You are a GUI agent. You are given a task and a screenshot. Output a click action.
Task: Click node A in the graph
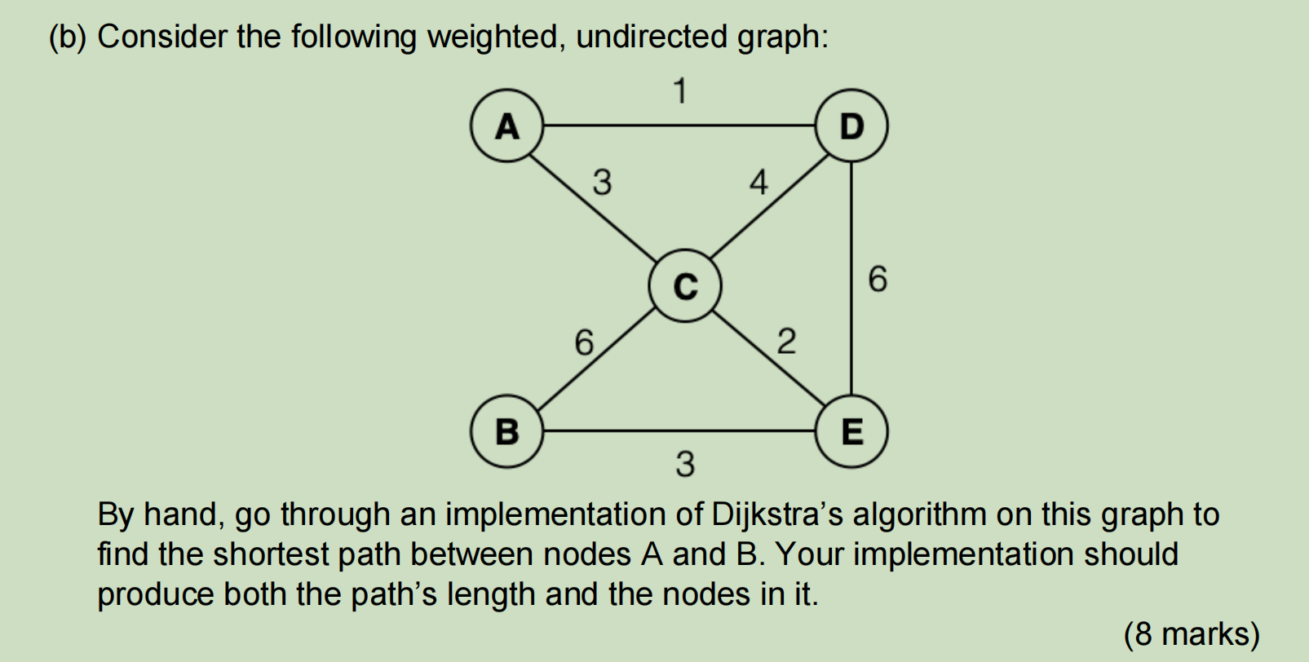(x=506, y=126)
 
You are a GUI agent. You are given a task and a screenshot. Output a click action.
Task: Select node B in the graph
(x=506, y=430)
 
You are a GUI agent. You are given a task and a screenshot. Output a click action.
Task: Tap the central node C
(x=685, y=286)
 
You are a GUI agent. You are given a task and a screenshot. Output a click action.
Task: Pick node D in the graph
(x=851, y=126)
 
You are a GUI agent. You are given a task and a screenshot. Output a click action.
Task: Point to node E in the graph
(x=851, y=430)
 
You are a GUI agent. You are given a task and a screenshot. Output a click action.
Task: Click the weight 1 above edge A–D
(x=679, y=90)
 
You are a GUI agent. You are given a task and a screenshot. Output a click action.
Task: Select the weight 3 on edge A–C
(x=601, y=182)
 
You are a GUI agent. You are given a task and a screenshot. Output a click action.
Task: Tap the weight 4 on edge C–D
(x=758, y=182)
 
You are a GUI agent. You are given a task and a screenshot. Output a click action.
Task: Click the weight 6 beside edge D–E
(x=878, y=279)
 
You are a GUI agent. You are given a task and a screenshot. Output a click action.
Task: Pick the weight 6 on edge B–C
(x=584, y=342)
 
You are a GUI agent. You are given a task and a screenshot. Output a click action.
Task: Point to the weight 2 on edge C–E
(x=785, y=341)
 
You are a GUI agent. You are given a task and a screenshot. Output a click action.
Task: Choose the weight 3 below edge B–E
(x=685, y=464)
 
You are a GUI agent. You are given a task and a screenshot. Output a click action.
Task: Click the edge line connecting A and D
(x=679, y=126)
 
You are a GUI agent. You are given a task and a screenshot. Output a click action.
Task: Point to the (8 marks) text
(x=1192, y=634)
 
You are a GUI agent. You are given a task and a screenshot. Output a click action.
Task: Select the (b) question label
(x=68, y=38)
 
